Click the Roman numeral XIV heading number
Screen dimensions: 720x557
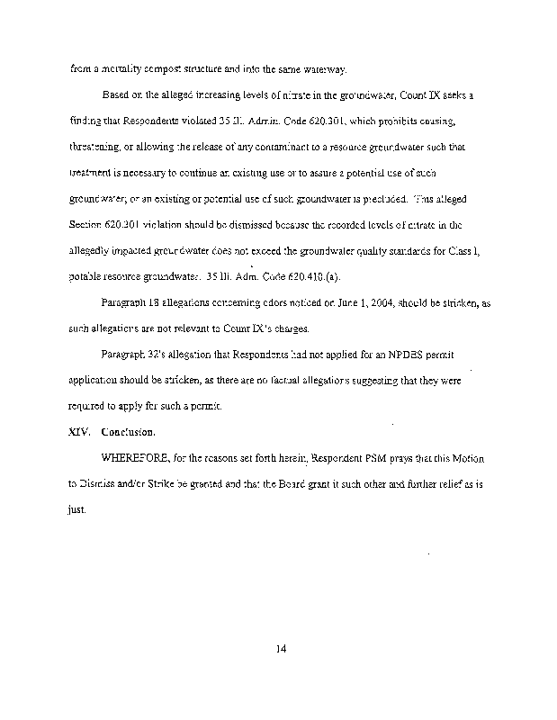coord(79,432)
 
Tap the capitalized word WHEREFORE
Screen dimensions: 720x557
coord(138,458)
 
